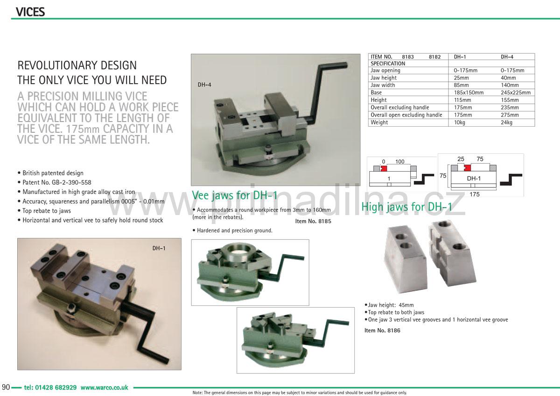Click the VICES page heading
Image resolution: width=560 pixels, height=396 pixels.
click(x=30, y=12)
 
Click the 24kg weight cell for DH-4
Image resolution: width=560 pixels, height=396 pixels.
click(x=507, y=122)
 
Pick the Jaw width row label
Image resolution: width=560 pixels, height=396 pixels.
click(x=383, y=85)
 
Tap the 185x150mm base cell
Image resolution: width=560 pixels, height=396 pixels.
click(x=469, y=93)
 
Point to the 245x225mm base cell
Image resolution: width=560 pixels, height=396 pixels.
click(x=516, y=93)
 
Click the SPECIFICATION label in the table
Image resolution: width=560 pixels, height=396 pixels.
click(x=388, y=64)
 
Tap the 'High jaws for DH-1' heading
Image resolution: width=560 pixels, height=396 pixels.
click(x=407, y=207)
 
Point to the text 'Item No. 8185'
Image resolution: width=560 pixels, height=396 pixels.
click(x=313, y=221)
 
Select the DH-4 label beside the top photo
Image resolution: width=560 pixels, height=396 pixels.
click(x=204, y=85)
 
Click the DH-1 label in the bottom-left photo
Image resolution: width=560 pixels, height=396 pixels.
click(x=159, y=248)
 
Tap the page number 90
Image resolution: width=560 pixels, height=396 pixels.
click(x=6, y=388)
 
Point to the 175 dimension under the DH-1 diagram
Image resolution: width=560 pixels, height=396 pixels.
click(x=474, y=194)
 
